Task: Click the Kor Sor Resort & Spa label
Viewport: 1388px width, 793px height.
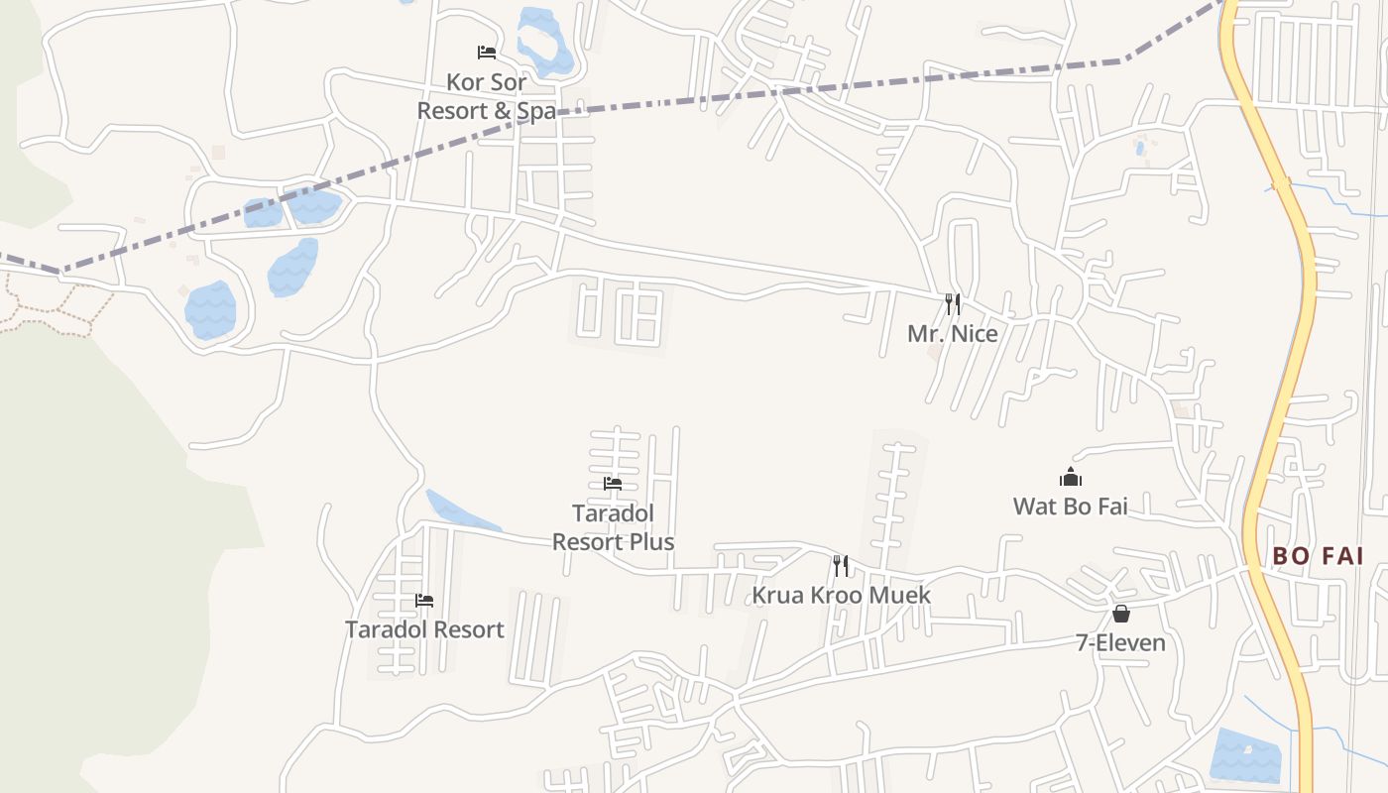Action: [x=486, y=96]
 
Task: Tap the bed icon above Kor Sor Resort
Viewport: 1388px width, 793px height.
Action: [x=486, y=52]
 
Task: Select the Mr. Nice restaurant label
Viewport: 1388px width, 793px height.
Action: [x=952, y=334]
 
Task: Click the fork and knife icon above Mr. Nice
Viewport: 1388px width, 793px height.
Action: [x=952, y=303]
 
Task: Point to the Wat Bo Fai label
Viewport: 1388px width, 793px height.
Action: [x=1070, y=507]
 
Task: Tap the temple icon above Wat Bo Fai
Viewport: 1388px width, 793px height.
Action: [x=1070, y=478]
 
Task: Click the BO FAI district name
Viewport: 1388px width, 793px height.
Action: [x=1318, y=556]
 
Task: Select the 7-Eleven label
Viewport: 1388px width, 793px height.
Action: [x=1120, y=643]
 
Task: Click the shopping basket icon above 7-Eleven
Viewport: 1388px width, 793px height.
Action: [x=1120, y=614]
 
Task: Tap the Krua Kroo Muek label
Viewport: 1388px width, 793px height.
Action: [x=841, y=595]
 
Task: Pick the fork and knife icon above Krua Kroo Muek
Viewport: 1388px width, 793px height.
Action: [x=841, y=566]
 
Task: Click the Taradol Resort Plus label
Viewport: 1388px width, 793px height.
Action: [x=613, y=527]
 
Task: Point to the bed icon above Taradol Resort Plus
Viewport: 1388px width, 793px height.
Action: [x=613, y=484]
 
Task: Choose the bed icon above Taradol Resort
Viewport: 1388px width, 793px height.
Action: [x=424, y=601]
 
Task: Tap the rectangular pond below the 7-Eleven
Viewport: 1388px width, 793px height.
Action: [x=1245, y=755]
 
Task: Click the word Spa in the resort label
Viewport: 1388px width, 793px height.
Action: [x=536, y=111]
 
